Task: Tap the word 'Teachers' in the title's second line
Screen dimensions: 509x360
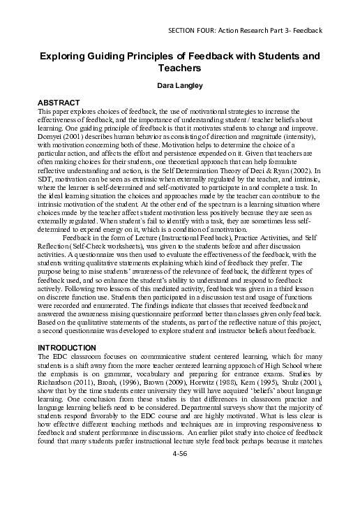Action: click(180, 68)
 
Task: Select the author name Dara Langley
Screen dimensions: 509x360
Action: click(180, 87)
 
